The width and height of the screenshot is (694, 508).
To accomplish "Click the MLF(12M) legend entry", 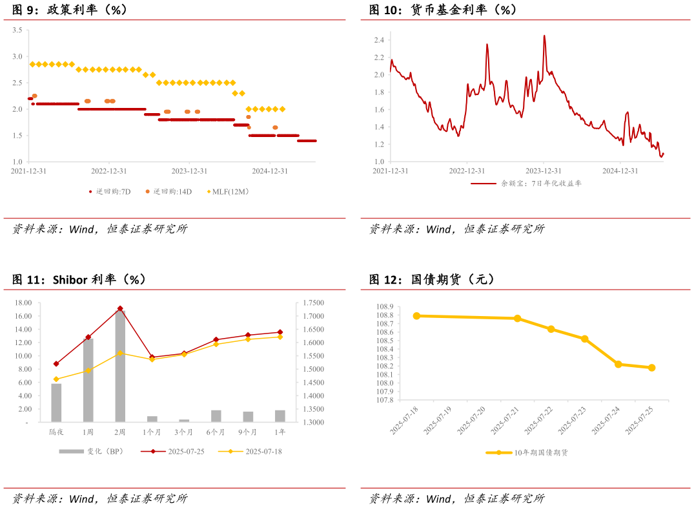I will (x=230, y=191).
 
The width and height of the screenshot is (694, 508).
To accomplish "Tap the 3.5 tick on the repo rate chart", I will (x=17, y=30).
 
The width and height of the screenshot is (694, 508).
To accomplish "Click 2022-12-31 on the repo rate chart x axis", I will (x=108, y=171).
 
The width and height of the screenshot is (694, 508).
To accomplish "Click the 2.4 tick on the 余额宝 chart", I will (x=379, y=40).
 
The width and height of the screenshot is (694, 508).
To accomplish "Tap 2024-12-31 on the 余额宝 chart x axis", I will (x=620, y=171).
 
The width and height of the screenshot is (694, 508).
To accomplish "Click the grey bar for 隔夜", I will (x=56, y=403).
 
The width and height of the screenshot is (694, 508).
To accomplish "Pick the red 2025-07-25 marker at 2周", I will (x=120, y=309).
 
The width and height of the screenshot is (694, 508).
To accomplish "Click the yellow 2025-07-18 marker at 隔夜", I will (x=56, y=379).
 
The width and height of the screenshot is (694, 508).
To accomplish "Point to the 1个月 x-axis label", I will (x=152, y=432).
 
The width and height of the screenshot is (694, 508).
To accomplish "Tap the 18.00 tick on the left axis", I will (x=23, y=302).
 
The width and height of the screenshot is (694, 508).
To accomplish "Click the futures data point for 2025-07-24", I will (x=618, y=365).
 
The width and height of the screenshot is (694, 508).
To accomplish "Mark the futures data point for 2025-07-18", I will (x=416, y=316).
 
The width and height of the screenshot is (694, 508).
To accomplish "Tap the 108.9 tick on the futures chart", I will (x=383, y=306).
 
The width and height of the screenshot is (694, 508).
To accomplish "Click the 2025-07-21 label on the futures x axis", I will (x=504, y=420).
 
